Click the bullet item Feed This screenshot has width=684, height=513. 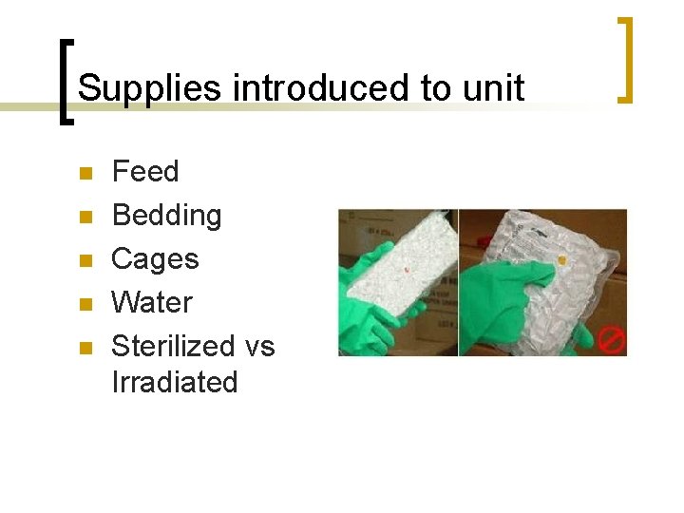coord(144,171)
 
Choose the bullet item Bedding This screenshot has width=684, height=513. coord(166,215)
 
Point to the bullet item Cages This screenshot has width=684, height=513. coord(155,258)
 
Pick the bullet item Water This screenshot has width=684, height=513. coord(152,302)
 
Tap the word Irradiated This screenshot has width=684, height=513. coord(174,382)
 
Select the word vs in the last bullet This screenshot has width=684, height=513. coord(258,346)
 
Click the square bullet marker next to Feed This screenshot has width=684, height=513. coord(85,174)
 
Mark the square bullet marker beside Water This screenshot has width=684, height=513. coord(85,305)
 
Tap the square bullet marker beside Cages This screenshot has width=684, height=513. coord(85,261)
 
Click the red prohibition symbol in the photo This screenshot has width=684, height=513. coord(611,338)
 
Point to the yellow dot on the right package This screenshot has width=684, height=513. coord(563,259)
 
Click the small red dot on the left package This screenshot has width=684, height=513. coord(407,269)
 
